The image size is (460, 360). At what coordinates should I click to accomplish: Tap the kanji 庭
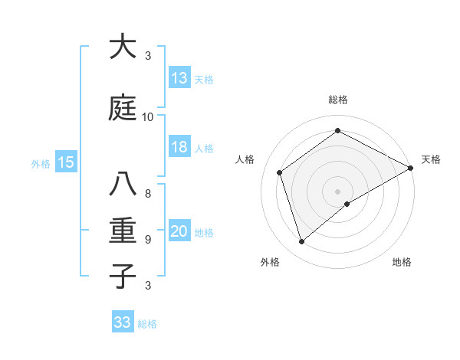click(123, 107)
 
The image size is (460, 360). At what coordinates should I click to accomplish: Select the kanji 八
click(123, 185)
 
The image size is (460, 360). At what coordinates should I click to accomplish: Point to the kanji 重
click(123, 230)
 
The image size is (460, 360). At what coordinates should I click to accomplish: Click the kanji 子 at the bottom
click(123, 276)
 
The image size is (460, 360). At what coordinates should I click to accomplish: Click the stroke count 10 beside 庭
click(148, 116)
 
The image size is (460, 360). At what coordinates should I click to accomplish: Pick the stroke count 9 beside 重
click(148, 239)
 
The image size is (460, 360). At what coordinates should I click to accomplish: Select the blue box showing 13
click(179, 78)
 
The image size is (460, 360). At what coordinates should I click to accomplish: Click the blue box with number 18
click(179, 147)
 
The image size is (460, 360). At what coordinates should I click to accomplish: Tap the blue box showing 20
click(179, 231)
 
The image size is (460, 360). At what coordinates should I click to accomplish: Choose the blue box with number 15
click(66, 162)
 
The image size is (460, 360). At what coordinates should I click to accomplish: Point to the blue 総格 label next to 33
click(148, 324)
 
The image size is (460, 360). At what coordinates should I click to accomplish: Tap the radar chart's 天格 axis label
click(431, 159)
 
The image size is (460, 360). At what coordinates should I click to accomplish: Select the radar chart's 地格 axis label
click(402, 262)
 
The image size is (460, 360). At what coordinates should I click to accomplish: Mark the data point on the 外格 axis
click(302, 242)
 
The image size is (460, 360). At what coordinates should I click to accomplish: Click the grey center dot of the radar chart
click(337, 191)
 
